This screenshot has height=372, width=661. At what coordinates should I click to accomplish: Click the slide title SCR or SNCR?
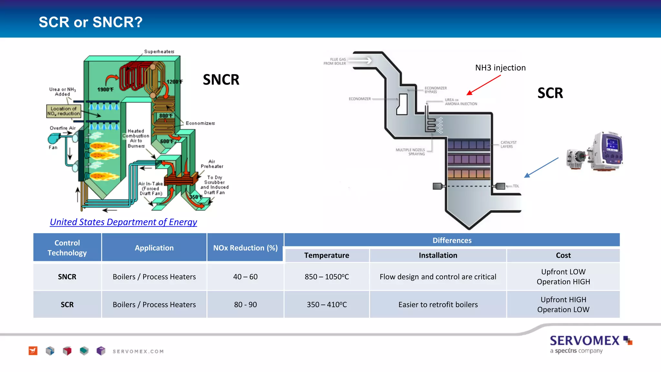90,22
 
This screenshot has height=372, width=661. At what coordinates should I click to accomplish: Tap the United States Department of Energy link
123,222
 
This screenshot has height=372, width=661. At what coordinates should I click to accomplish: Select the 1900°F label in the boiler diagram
105,89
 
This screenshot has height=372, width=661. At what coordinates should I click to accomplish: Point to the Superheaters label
159,52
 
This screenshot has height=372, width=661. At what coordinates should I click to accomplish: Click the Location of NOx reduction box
64,111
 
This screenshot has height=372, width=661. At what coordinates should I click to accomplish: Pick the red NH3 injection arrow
483,85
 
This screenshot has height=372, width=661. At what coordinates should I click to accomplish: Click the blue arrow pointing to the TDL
541,168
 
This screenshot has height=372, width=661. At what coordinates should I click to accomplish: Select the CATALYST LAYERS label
508,144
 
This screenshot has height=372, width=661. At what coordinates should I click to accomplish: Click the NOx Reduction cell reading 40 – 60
245,277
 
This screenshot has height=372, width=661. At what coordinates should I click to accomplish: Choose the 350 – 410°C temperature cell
327,305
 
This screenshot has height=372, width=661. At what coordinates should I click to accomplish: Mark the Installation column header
438,255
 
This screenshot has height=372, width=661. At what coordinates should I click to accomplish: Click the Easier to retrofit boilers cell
438,305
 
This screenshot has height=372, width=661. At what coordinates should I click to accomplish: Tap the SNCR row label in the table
67,277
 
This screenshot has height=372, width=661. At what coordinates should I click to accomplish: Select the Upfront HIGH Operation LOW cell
563,305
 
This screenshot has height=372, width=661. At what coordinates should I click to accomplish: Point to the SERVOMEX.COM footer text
138,351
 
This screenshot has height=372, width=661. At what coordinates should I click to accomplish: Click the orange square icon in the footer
33,351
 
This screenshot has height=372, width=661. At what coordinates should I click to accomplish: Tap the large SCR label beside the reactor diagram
550,93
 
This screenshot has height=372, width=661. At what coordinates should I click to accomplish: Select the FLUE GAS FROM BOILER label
335,61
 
